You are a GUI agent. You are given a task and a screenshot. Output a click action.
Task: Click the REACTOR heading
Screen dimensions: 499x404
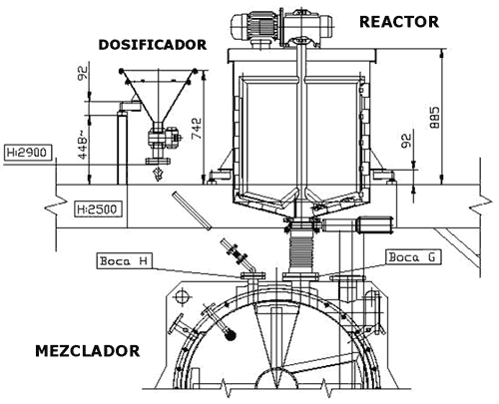[399, 22]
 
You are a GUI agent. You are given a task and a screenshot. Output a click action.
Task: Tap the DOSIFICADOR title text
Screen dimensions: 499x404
[153, 45]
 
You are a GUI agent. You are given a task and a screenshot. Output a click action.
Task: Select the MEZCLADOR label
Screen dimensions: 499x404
[88, 351]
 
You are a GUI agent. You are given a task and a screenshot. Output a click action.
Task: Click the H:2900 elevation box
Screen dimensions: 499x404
[28, 153]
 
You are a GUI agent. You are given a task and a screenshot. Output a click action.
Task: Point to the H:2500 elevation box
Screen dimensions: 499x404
[98, 209]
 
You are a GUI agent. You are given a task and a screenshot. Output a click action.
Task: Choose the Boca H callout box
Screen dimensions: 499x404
[124, 261]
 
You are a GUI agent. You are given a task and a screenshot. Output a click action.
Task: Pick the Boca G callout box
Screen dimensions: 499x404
[413, 257]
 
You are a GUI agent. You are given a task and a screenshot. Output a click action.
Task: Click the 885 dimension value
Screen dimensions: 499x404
[434, 118]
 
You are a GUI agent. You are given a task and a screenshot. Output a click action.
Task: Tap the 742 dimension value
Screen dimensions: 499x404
[198, 130]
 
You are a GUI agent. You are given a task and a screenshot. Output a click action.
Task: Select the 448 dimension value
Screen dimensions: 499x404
[83, 145]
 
